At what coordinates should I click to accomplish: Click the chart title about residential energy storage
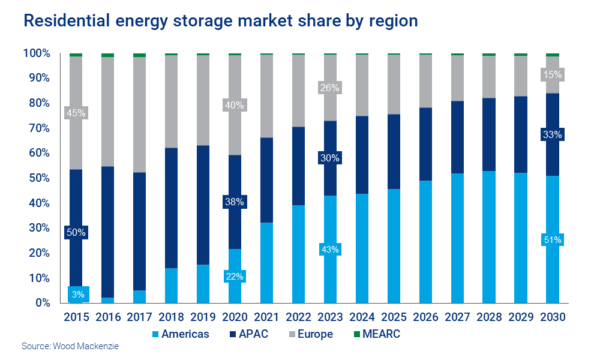coord(220,20)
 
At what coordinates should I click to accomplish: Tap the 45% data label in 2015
coord(76,113)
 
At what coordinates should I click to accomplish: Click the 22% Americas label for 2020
coord(235,277)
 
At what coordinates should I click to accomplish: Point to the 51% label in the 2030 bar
coord(553,240)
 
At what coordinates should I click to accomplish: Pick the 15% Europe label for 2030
coord(553,75)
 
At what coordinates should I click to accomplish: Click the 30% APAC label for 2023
coord(330,158)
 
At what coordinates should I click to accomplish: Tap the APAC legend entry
coord(246,334)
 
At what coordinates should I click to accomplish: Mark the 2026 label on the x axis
coord(425,317)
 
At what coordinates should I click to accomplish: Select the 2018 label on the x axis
coord(171,317)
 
